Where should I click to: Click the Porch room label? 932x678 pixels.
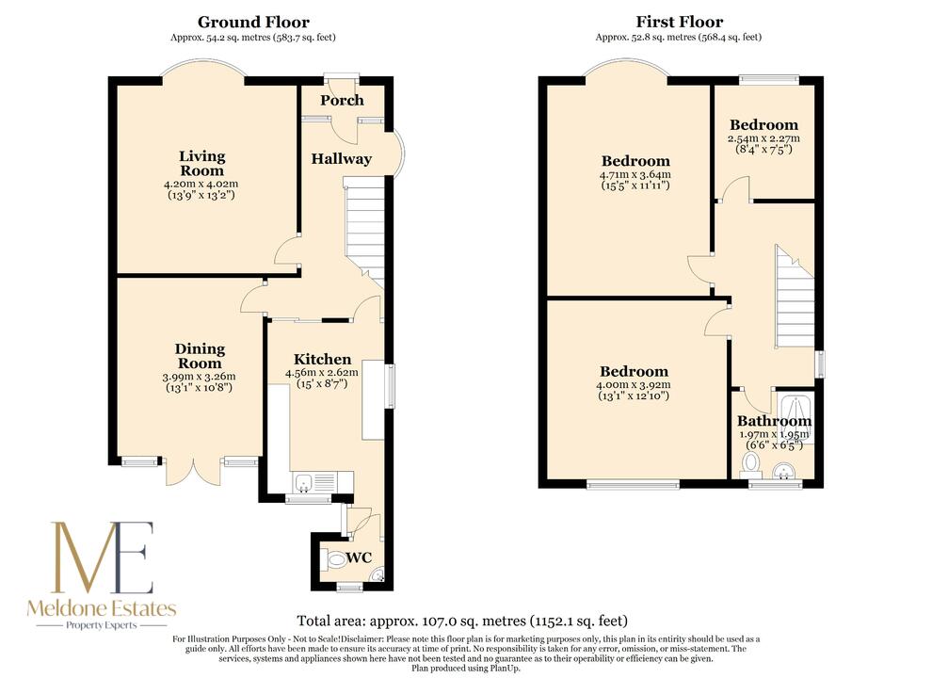coord(342,101)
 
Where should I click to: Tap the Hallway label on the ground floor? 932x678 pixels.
coord(341,159)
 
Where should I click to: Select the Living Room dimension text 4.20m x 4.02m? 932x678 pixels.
coord(202,185)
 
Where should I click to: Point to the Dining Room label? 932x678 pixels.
coord(200,356)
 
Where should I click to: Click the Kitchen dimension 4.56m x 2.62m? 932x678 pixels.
coord(322,373)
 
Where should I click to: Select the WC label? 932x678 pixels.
coord(359,557)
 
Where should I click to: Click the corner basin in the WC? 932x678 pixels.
coord(378,575)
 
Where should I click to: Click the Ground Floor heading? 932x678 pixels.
coord(253,23)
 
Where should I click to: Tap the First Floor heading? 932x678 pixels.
coord(680,23)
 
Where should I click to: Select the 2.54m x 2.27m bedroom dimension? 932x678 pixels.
coord(763,138)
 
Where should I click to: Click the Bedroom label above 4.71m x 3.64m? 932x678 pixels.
coord(635,161)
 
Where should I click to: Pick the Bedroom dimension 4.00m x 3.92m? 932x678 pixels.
coord(634,385)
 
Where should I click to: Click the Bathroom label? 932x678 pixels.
coord(775,421)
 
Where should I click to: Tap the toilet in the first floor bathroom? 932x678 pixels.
coord(750,464)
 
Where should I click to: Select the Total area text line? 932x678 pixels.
coord(462,621)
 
